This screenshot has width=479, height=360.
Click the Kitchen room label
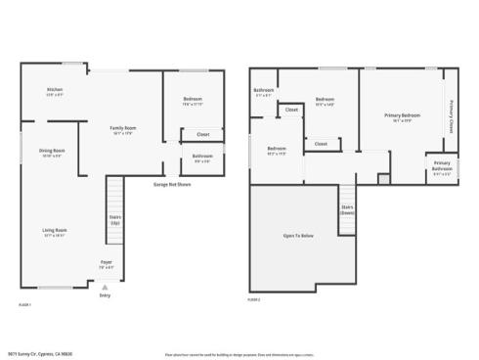tap(54, 89)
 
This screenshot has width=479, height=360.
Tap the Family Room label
tap(122, 128)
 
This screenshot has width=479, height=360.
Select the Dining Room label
tap(51, 150)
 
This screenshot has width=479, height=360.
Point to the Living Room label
tap(54, 230)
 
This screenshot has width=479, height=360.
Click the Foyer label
tap(106, 261)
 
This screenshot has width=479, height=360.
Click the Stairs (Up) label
tap(114, 220)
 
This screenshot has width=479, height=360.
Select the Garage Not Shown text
tap(171, 184)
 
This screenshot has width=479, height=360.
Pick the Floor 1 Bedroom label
tap(193, 101)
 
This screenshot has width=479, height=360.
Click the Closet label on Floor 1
tap(202, 134)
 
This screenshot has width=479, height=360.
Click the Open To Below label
tap(298, 236)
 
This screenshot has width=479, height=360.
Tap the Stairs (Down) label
tap(347, 209)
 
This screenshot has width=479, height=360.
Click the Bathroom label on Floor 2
tap(264, 90)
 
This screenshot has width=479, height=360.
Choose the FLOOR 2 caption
tap(253, 299)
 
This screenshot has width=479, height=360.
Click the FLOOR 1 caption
tap(25, 306)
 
